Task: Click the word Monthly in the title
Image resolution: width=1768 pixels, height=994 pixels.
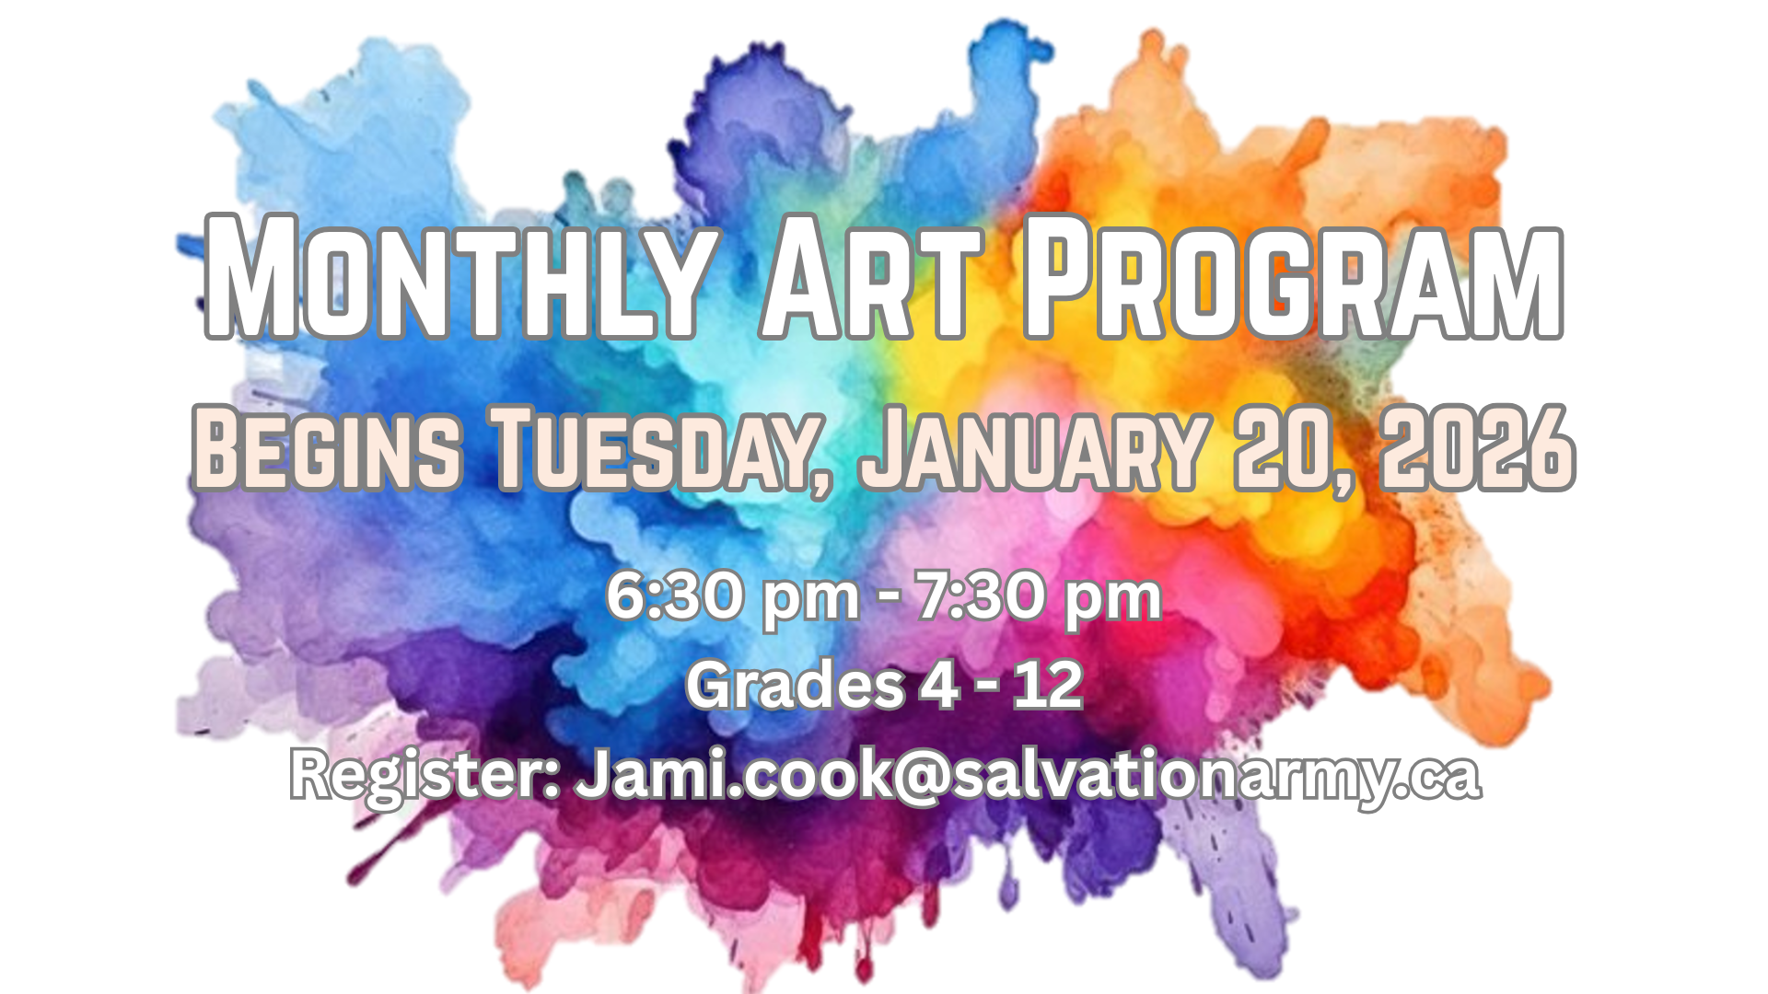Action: pos(458,277)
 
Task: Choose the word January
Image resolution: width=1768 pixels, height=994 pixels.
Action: pos(1032,448)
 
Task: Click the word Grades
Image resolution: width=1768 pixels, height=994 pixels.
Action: pos(796,685)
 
